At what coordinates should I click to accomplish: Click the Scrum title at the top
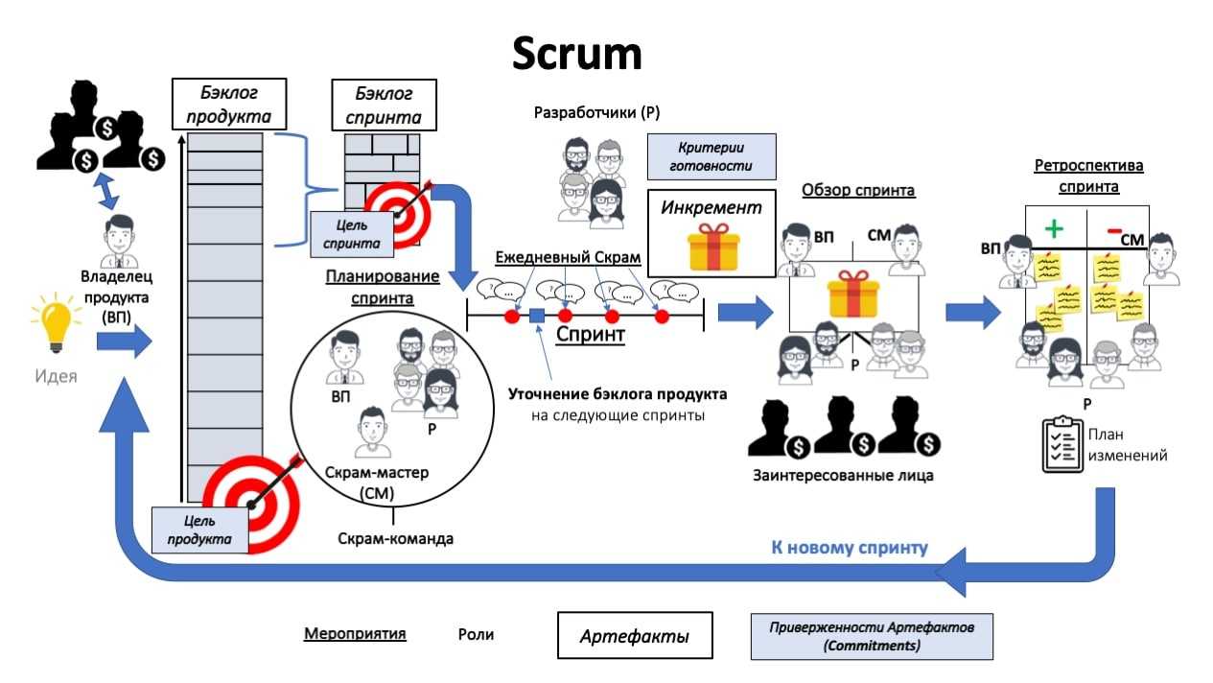click(576, 54)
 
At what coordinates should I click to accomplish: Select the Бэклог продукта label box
click(229, 105)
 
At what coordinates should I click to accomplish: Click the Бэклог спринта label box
click(384, 106)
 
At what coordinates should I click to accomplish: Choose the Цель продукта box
click(199, 530)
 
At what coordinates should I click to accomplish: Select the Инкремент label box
click(711, 207)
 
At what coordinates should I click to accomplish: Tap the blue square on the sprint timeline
click(537, 316)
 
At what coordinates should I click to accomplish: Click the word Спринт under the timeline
click(590, 335)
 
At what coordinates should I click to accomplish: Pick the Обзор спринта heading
click(858, 190)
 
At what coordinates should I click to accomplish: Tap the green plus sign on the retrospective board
click(1055, 229)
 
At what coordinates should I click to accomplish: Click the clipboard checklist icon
click(1061, 444)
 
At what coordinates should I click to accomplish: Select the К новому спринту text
click(850, 548)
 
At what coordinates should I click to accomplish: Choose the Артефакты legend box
click(635, 637)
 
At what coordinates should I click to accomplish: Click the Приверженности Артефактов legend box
click(871, 636)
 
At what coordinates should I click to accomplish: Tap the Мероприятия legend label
click(355, 634)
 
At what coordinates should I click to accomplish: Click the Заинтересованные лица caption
click(843, 474)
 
